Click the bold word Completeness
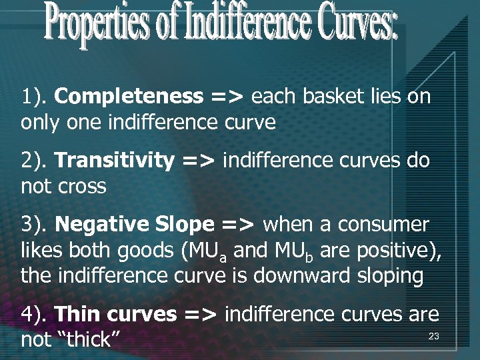pyautogui.click(x=129, y=97)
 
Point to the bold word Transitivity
pyautogui.click(x=114, y=161)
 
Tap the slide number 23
pyautogui.click(x=433, y=337)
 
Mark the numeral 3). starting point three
pyautogui.click(x=33, y=225)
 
